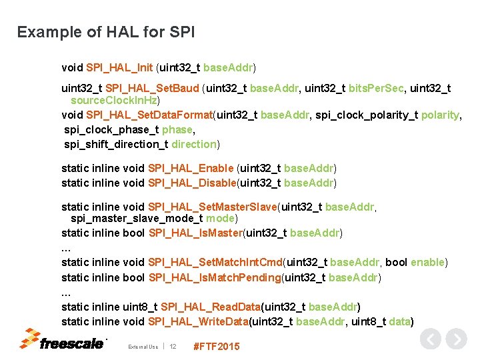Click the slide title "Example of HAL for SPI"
106,32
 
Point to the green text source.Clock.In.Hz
114,100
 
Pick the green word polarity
440,115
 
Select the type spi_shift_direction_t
116,144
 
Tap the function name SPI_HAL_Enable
191,168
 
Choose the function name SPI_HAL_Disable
192,183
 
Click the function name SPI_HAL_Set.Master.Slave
212,207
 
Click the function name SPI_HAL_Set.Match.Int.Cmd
216,262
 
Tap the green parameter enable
427,262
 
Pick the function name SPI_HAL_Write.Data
198,321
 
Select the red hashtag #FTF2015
215,346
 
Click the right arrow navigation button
456,339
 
